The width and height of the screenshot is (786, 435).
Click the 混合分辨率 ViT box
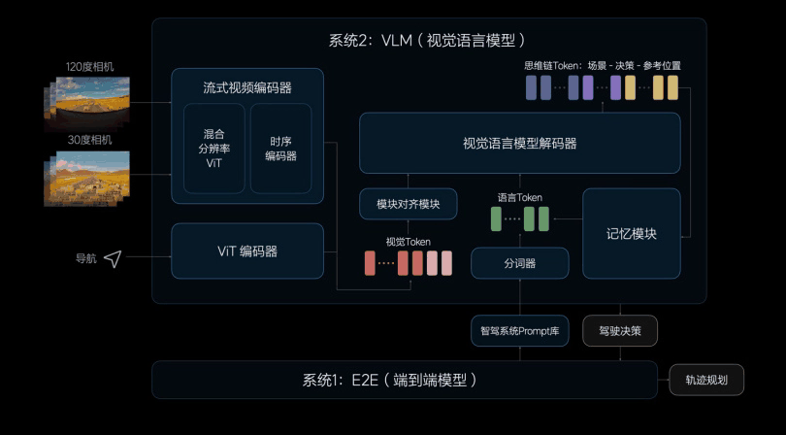click(214, 149)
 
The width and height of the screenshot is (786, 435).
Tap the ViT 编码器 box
click(247, 251)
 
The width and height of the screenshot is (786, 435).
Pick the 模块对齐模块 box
click(408, 204)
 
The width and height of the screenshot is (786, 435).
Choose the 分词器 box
click(519, 263)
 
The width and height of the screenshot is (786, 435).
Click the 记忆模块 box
click(631, 234)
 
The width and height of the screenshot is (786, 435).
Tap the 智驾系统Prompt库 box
click(519, 330)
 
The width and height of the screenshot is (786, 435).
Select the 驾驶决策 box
click(619, 330)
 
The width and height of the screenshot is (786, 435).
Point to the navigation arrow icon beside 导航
click(113, 258)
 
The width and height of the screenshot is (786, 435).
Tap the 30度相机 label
click(90, 140)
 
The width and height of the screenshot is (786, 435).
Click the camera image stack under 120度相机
click(86, 103)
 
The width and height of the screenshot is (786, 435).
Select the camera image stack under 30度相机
click(86, 177)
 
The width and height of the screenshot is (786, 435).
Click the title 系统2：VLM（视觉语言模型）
click(428, 41)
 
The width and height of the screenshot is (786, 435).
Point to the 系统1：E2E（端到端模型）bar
click(404, 380)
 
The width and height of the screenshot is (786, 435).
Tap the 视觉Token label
click(408, 242)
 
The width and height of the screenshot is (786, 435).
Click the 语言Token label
click(519, 197)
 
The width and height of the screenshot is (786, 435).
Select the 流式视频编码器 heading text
click(247, 87)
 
